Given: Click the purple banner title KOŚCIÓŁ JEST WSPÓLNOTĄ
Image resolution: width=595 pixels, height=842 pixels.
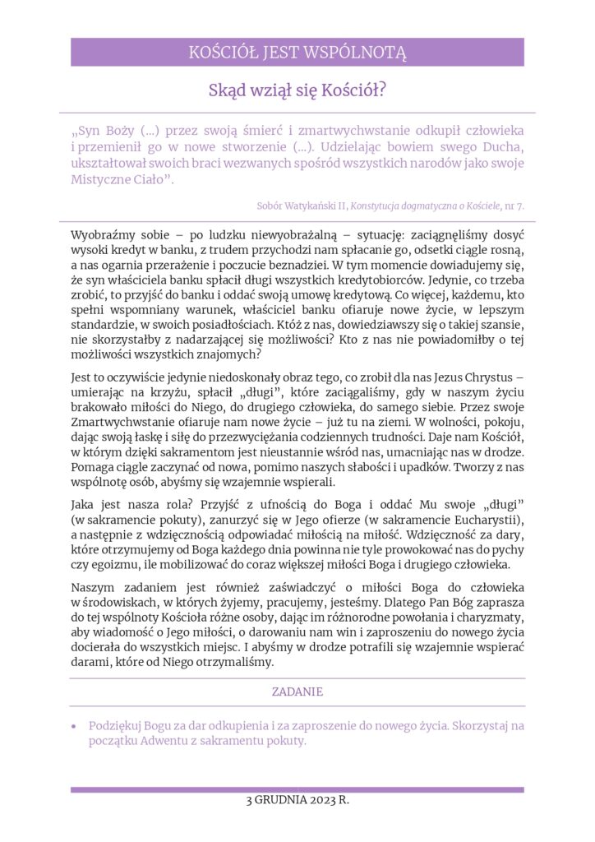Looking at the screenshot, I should (297, 53).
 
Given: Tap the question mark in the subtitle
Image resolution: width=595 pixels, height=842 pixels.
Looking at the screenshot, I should (383, 91).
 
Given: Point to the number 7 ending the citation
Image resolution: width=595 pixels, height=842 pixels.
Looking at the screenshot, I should (521, 205).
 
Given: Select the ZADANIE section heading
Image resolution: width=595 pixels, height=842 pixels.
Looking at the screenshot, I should (297, 692).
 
